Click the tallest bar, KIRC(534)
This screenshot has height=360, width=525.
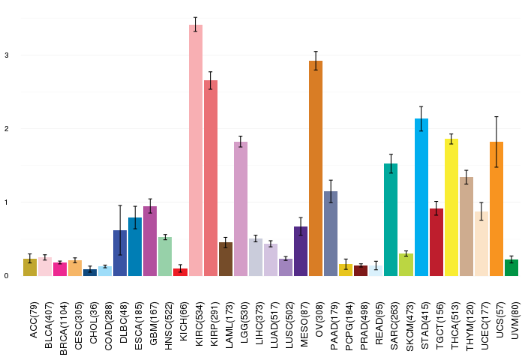coord(196,150)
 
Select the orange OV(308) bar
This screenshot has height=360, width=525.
coord(316,169)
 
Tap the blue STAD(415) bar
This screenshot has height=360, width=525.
coord(421,197)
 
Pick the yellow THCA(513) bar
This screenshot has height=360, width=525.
coord(451,207)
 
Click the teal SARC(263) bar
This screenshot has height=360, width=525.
coord(391,220)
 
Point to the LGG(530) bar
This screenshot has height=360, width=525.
coord(241,209)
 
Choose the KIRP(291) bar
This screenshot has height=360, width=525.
coord(211,178)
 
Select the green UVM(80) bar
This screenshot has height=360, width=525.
coord(511,268)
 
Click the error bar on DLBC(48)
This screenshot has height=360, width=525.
coord(120,230)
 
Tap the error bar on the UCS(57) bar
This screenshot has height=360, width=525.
coord(496,142)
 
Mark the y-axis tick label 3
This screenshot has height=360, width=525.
coord(7,55)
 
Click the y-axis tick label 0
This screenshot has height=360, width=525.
coord(7,276)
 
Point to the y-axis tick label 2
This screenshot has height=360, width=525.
coord(7,128)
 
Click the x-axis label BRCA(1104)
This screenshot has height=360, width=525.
coord(63,328)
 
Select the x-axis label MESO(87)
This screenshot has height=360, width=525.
coord(304,324)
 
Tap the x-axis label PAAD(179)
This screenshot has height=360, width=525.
coord(334,326)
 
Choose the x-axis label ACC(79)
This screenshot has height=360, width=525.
coord(34,320)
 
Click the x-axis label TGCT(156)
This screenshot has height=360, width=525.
coord(439,325)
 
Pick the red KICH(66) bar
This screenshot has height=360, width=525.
coord(181,272)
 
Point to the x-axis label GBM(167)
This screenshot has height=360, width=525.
coord(154,323)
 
